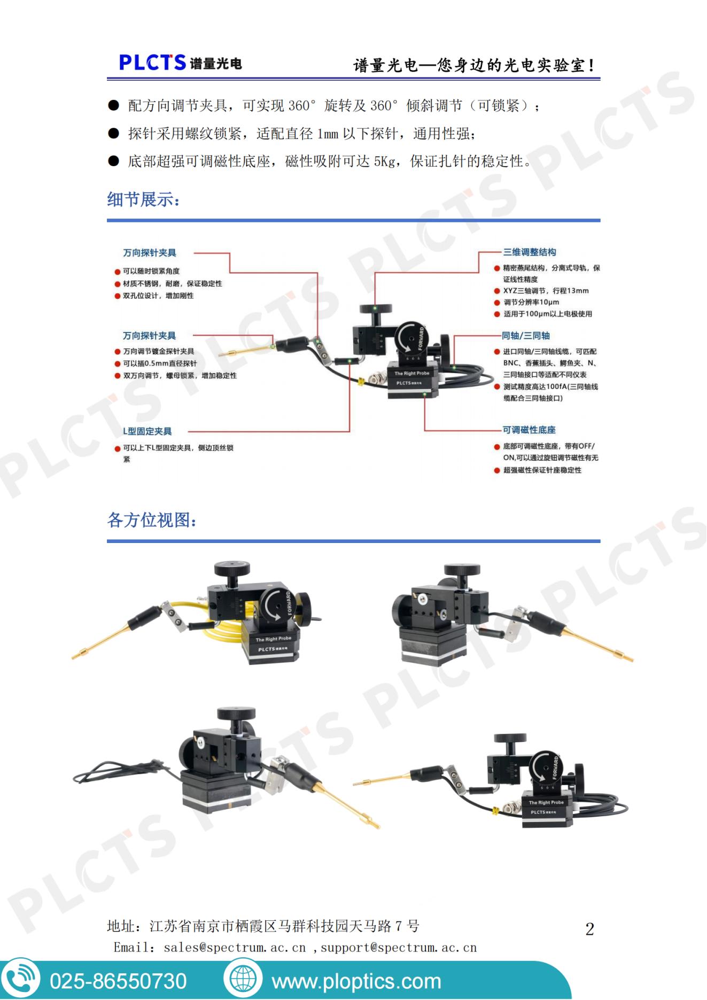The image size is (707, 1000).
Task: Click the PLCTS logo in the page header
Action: [180, 63]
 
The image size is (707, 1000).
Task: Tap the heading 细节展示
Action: [144, 199]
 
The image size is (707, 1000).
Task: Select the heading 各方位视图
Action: [152, 520]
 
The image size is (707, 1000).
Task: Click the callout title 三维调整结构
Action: [529, 252]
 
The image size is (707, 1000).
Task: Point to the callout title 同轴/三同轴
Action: [525, 336]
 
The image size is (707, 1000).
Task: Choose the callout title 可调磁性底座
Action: [529, 430]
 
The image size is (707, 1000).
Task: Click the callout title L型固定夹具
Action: [147, 431]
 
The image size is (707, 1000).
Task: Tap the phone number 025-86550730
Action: [118, 981]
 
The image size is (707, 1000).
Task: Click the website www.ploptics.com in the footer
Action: [356, 981]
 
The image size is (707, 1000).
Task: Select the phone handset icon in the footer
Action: [21, 979]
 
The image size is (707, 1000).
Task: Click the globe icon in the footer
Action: [243, 979]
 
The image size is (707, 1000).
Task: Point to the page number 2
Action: [589, 929]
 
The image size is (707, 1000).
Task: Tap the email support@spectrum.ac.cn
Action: [398, 948]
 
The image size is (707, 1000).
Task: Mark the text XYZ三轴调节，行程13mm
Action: [546, 291]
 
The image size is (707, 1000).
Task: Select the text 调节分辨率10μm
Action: [531, 302]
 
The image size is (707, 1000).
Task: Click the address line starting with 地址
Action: [263, 926]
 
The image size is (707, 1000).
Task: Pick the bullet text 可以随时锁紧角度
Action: [151, 271]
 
